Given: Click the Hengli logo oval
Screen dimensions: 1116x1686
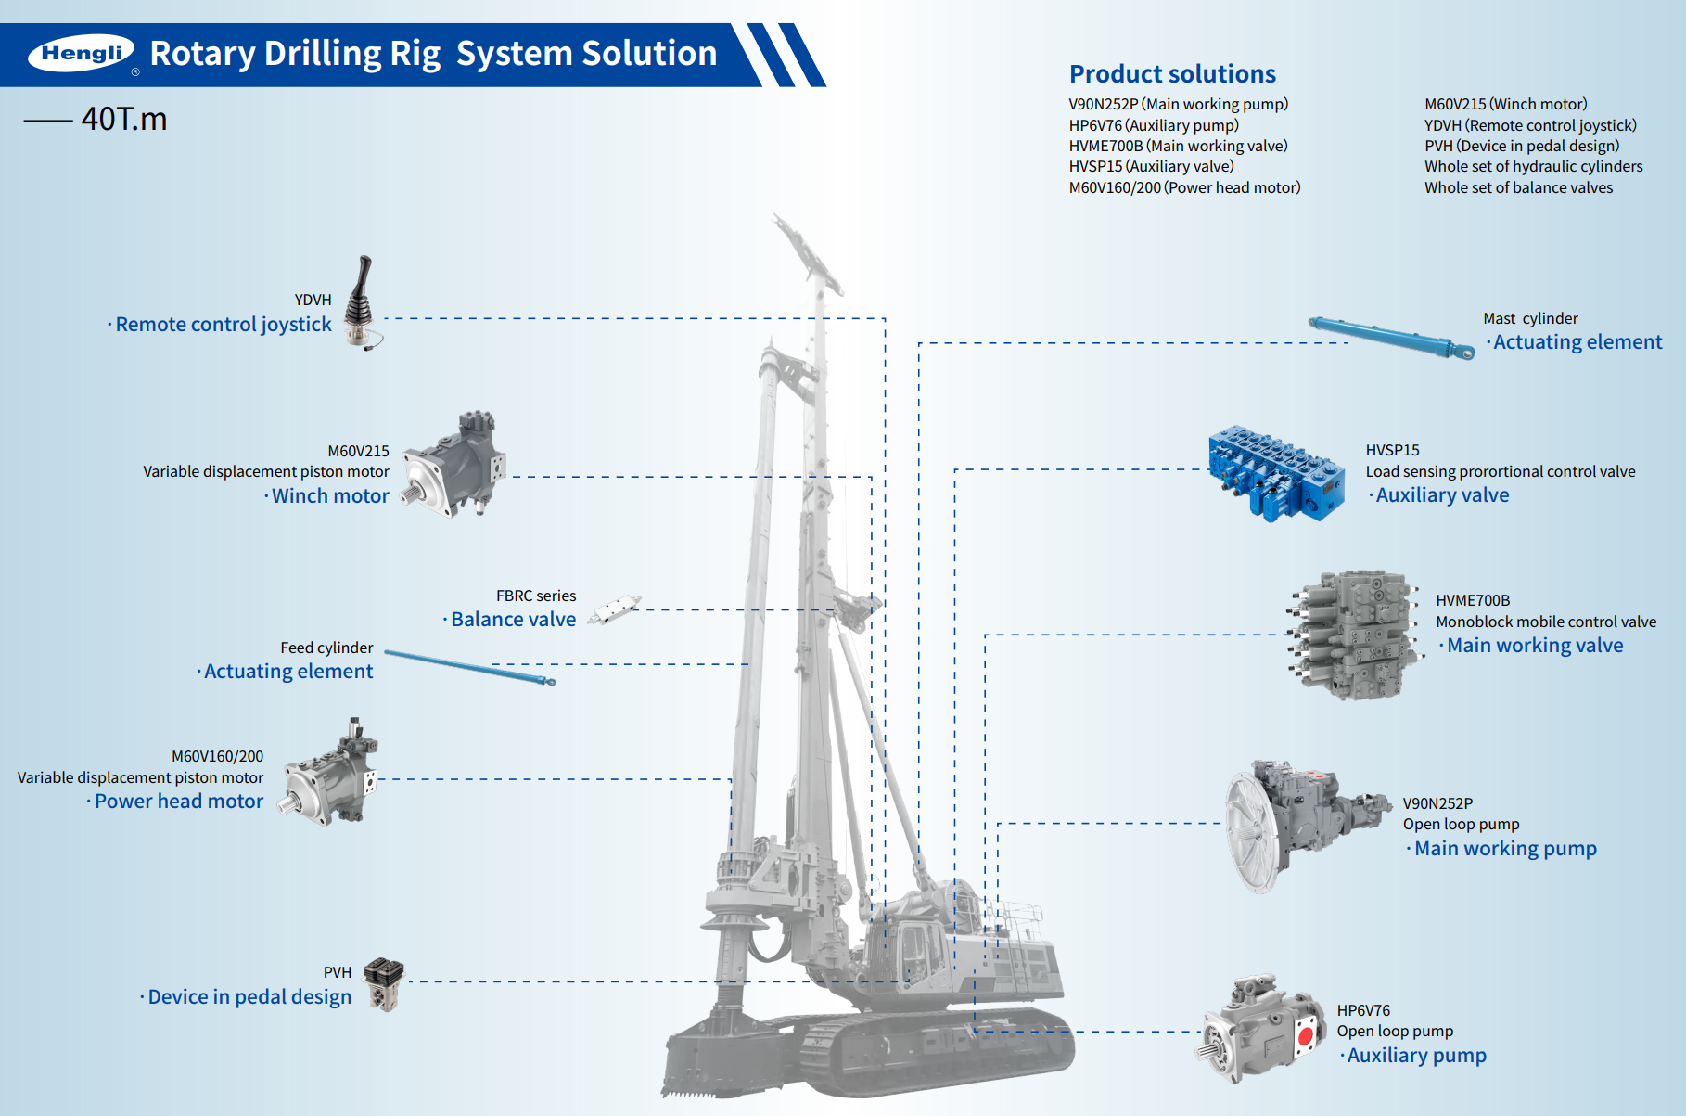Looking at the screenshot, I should pyautogui.click(x=82, y=53).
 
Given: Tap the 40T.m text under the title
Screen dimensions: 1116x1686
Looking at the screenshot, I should pyautogui.click(x=123, y=119).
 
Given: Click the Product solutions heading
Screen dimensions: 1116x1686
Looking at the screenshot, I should pyautogui.click(x=1172, y=74).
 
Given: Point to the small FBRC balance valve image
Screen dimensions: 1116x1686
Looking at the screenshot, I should pyautogui.click(x=614, y=609).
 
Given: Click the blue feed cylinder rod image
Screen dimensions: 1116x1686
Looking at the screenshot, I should pyautogui.click(x=469, y=667).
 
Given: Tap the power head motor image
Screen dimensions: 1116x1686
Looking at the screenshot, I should pyautogui.click(x=331, y=773).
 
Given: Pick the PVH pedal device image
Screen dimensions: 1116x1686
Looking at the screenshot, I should pyautogui.click(x=383, y=983).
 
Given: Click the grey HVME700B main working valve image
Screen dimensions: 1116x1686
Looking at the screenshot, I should pyautogui.click(x=1354, y=635).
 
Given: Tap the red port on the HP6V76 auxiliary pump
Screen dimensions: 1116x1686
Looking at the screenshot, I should pyautogui.click(x=1306, y=1036).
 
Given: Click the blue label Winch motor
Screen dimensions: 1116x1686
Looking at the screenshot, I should pyautogui.click(x=330, y=496).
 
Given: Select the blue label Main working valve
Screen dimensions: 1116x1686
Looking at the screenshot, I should pyautogui.click(x=1535, y=646).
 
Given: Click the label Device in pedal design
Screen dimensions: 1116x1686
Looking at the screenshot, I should pyautogui.click(x=249, y=997).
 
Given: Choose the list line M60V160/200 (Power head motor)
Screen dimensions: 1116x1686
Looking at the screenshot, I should pyautogui.click(x=1184, y=187).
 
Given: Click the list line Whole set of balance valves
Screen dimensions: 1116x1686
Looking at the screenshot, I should pyautogui.click(x=1518, y=187).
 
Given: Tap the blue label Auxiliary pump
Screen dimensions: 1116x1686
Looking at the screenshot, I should pyautogui.click(x=1416, y=1056).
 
